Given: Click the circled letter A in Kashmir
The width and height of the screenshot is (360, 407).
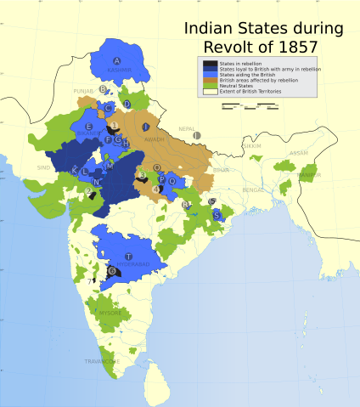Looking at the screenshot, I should [116, 60].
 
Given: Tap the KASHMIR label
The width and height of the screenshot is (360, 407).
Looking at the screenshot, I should [119, 70].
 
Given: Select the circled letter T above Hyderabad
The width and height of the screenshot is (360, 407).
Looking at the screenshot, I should [128, 256].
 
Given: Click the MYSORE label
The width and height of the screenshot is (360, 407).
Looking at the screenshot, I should [110, 313].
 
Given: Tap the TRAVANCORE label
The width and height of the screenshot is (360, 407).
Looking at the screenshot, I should [102, 361].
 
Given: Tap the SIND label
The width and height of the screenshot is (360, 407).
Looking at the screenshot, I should [44, 168].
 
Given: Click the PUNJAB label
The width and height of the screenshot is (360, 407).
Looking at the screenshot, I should [83, 89].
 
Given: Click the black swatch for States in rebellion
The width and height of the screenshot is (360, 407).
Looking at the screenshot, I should [210, 64].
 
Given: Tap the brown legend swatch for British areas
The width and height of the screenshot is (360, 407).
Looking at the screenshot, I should [210, 79].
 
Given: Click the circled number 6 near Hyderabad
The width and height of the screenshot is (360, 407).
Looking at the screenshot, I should [111, 270].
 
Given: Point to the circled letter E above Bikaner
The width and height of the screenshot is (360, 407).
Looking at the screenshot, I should [89, 127].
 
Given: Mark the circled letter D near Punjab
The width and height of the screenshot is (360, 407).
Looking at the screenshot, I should [127, 105].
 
